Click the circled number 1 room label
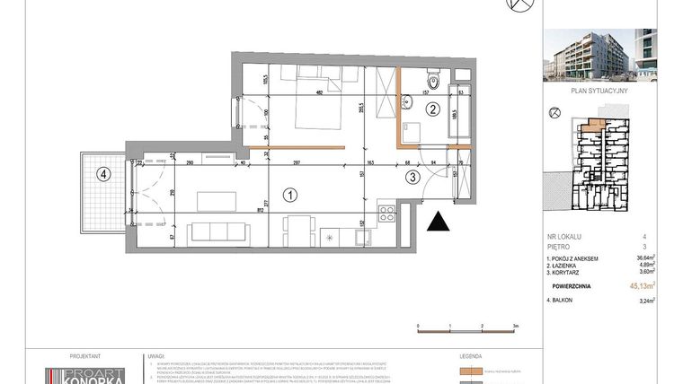click(x=289, y=193)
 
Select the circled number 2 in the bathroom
click(x=431, y=110)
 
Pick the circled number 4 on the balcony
click(x=104, y=175)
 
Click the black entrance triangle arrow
click(x=439, y=223)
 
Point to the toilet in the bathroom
click(x=432, y=83)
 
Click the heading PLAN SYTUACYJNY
click(x=599, y=92)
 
